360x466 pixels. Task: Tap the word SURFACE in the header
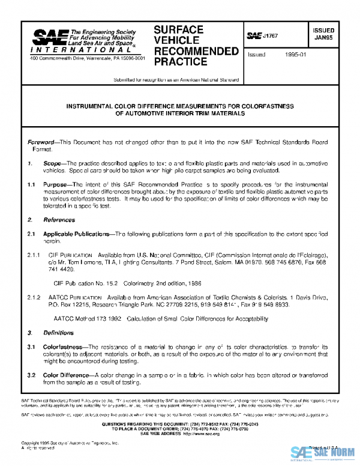pyautogui.click(x=178, y=29)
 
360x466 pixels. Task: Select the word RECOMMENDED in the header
pyautogui.click(x=196, y=50)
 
